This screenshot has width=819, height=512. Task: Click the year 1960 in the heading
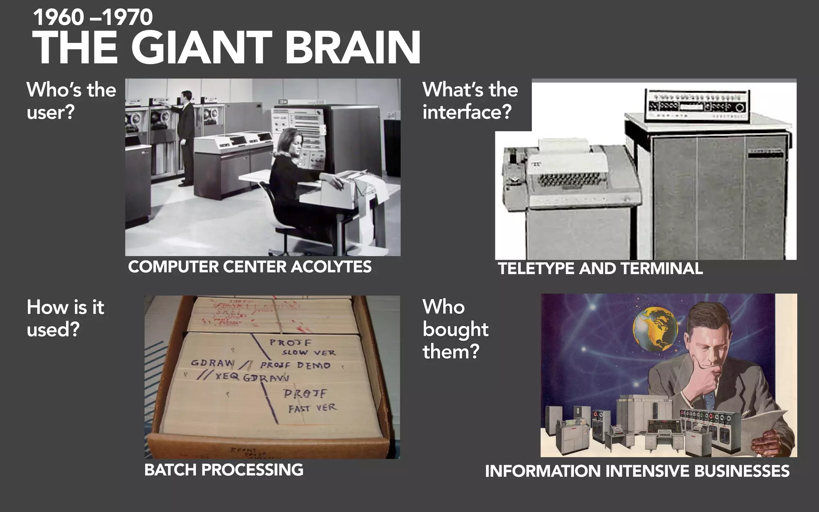(x=58, y=18)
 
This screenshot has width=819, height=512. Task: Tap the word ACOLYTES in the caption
(x=331, y=267)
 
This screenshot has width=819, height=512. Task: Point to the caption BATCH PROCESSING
(x=224, y=470)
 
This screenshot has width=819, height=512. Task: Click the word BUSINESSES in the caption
(x=741, y=471)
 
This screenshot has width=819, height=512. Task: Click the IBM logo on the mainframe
(x=283, y=102)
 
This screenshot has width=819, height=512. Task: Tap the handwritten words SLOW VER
(x=308, y=353)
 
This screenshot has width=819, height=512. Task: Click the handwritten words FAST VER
(x=313, y=408)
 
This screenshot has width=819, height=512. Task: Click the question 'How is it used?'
(x=65, y=318)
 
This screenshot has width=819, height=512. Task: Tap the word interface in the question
(x=467, y=112)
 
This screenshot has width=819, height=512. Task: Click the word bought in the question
(x=455, y=330)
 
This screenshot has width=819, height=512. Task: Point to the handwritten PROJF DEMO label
(x=295, y=365)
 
